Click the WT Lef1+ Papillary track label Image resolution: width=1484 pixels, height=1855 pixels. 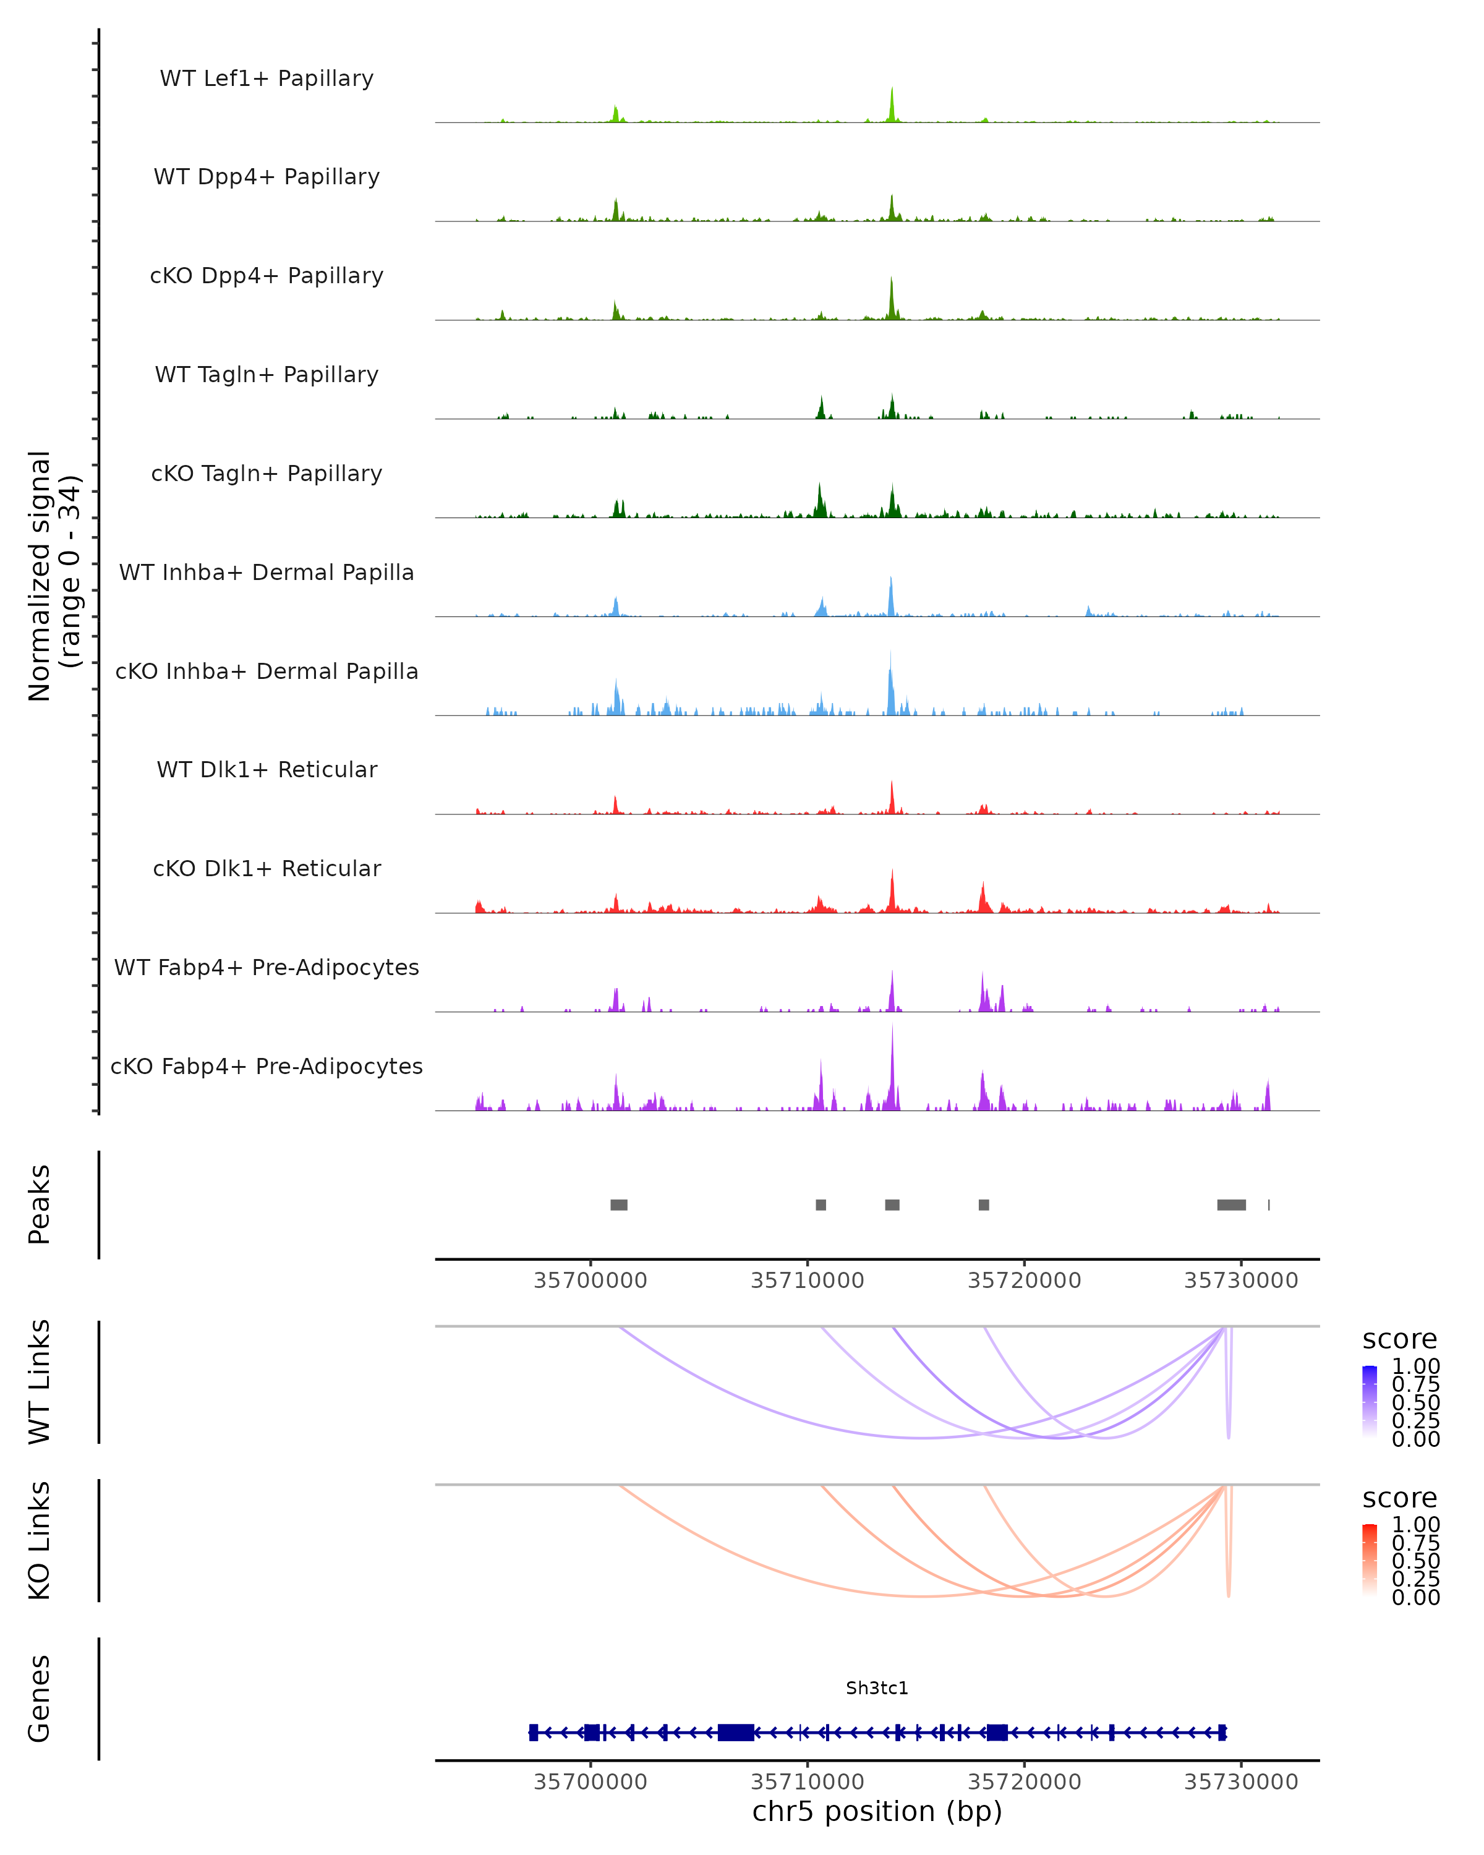pyautogui.click(x=267, y=79)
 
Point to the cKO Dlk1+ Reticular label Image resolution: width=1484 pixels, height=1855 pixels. pyautogui.click(x=267, y=868)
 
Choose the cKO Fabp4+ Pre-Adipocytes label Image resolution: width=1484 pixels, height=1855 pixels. pyautogui.click(x=267, y=1066)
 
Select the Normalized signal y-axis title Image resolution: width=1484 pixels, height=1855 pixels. pyautogui.click(x=53, y=576)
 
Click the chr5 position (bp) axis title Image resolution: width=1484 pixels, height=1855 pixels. pyautogui.click(x=877, y=1811)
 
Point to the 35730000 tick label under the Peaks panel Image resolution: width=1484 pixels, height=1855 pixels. pyautogui.click(x=1240, y=1281)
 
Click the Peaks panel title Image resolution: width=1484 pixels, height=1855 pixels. pyautogui.click(x=40, y=1205)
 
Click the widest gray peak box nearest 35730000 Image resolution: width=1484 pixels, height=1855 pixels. pyautogui.click(x=1231, y=1205)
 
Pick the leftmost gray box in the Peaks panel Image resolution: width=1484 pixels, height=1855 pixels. pyautogui.click(x=618, y=1205)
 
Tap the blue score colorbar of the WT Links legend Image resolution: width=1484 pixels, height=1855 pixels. pyautogui.click(x=1370, y=1402)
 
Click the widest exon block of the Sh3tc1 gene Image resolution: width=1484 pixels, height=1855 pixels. pyautogui.click(x=736, y=1732)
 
